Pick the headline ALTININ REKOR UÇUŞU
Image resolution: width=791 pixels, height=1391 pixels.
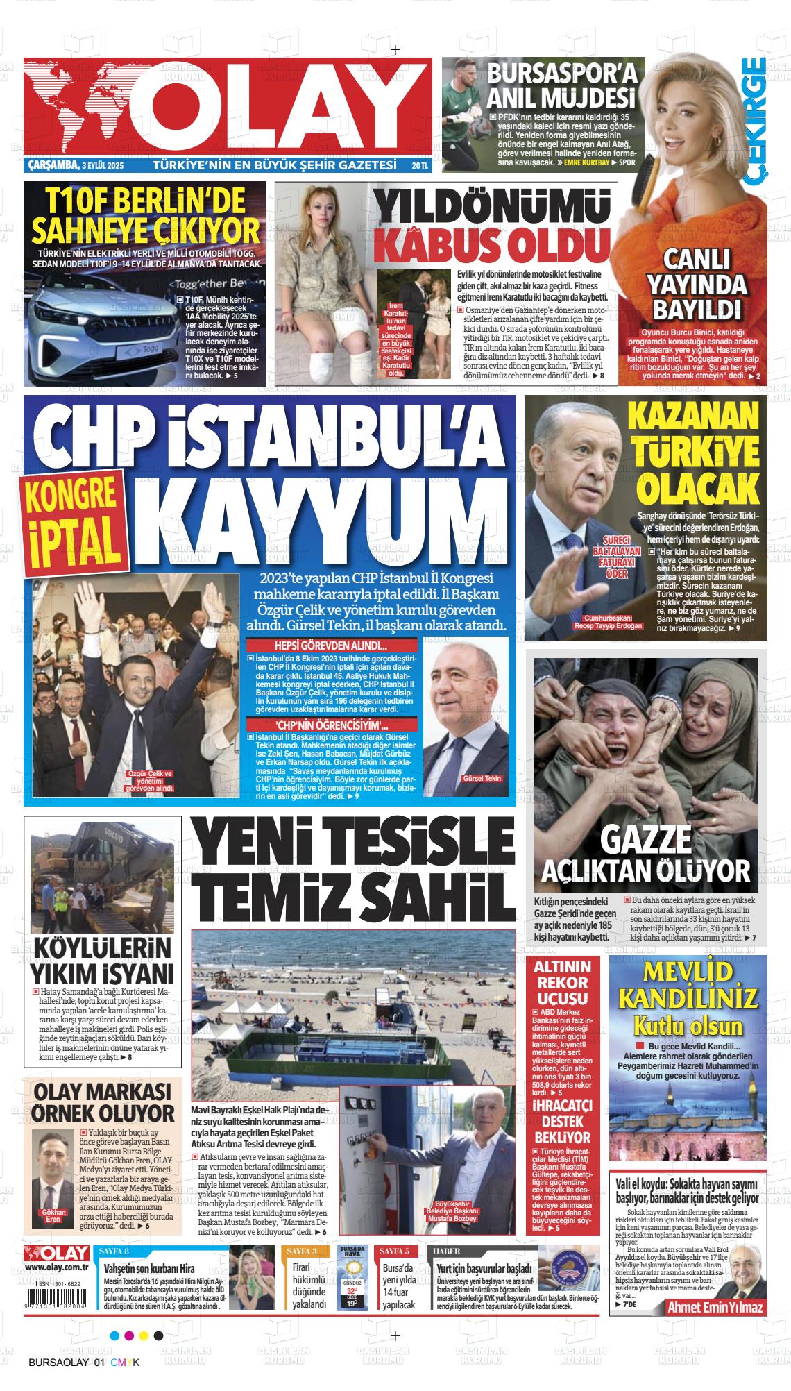point(563,982)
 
